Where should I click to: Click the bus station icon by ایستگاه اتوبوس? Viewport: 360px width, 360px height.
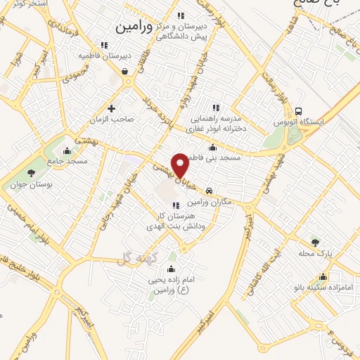[x=300, y=112]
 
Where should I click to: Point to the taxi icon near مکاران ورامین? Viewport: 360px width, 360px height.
[x=210, y=191]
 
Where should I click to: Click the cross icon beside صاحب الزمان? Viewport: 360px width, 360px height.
[x=112, y=108]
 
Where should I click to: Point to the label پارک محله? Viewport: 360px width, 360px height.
[x=314, y=252]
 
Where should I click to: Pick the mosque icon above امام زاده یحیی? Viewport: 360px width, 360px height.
[x=171, y=269]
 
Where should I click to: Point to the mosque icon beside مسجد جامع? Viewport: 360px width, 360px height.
[x=67, y=150]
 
